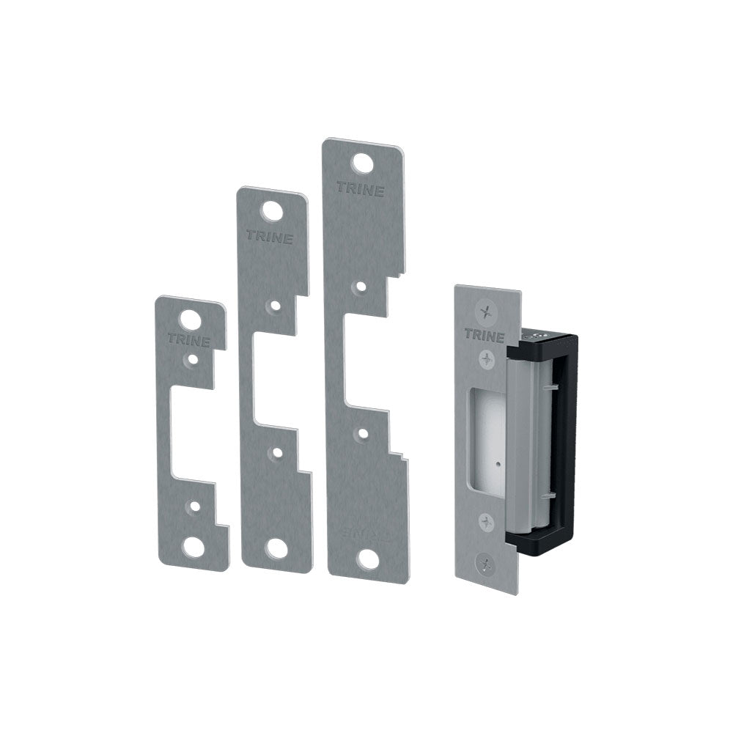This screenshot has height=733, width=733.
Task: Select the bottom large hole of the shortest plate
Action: click(195, 546)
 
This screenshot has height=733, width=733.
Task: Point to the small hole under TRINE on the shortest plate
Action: click(191, 359)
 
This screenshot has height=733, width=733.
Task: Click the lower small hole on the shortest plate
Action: click(194, 506)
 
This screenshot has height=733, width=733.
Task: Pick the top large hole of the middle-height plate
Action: click(273, 210)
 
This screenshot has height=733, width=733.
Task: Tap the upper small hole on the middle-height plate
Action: click(274, 304)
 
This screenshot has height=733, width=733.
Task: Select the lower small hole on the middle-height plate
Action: click(276, 452)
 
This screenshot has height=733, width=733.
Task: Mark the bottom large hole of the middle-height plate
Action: click(277, 548)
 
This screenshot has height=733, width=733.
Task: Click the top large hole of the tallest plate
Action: click(361, 161)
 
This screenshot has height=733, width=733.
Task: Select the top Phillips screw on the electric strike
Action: click(483, 313)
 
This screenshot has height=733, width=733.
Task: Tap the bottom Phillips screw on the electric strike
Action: click(485, 564)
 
